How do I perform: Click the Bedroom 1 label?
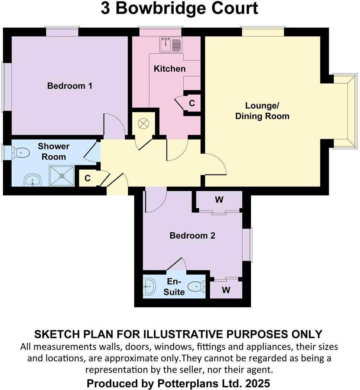tap(70, 86)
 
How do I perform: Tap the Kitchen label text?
tap(170, 69)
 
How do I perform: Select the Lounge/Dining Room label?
tap(262, 111)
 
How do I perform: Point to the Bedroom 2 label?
tap(192, 236)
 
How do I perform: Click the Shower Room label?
tap(54, 151)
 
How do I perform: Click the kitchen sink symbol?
tap(171, 45)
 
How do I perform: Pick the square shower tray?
tap(62, 175)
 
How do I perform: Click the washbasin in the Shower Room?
tap(33, 181)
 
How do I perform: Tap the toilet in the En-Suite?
tap(196, 287)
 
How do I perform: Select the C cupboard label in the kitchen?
tap(192, 103)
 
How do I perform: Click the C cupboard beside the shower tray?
tap(87, 178)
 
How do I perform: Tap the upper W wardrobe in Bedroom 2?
tap(219, 200)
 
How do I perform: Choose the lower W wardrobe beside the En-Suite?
tap(226, 290)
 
